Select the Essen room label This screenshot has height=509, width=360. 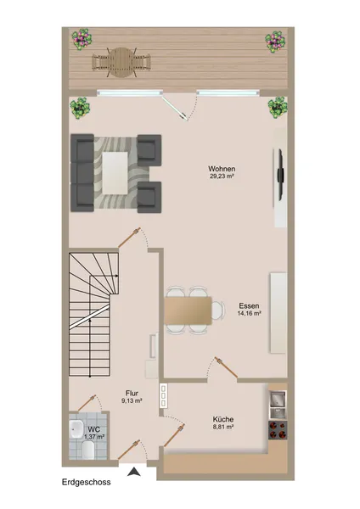point(249,305)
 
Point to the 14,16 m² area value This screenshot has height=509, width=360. point(249,313)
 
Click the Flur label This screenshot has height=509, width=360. point(132,393)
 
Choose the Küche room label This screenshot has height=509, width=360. point(223,419)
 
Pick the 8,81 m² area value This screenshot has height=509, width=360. point(223,427)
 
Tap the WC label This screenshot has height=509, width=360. point(93,429)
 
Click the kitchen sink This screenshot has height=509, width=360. point(278,399)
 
